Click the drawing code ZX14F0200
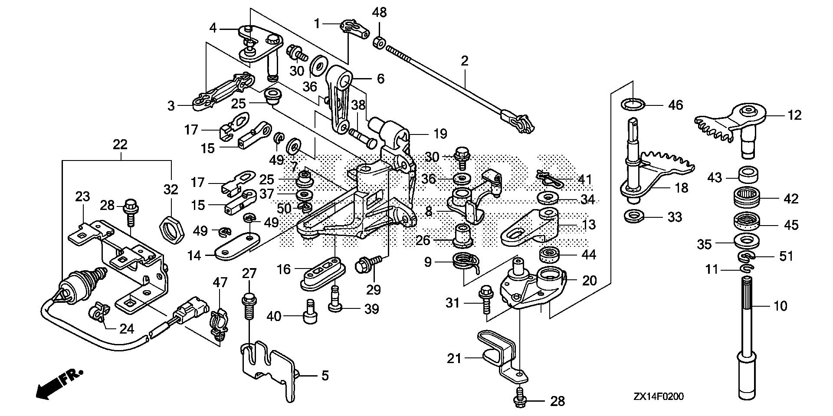pos(659,396)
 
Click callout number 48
pos(380,12)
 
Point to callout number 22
pos(120,144)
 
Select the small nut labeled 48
pos(379,42)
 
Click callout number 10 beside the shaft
pos(781,306)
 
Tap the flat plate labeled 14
pos(237,247)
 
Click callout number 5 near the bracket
pos(325,376)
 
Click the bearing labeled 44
pos(550,255)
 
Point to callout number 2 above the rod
pos(465,61)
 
